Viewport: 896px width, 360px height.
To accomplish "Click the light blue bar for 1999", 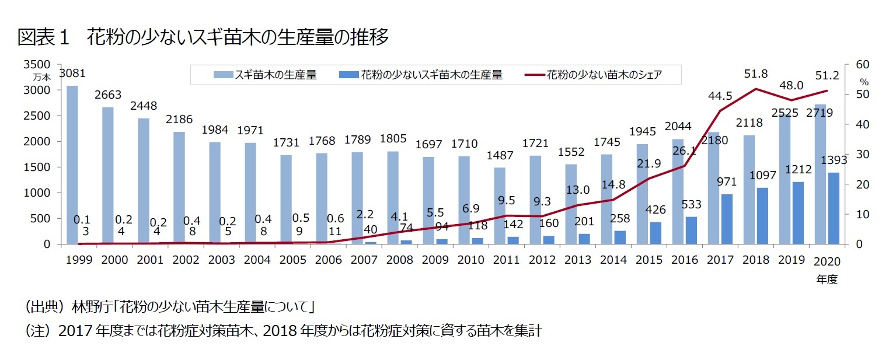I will point(72,165).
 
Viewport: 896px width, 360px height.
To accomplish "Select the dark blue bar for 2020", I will point(834,208).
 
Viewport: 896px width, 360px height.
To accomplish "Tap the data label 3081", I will point(72,74).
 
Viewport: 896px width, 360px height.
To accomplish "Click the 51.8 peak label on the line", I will point(756,74).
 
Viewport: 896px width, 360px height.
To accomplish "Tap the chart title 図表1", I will point(44,38).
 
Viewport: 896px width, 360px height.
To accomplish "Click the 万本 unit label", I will point(42,76).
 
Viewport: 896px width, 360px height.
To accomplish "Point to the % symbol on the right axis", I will point(864,82).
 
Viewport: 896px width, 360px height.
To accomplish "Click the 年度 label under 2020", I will point(827,279).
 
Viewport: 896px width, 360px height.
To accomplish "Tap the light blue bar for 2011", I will point(500,205).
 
